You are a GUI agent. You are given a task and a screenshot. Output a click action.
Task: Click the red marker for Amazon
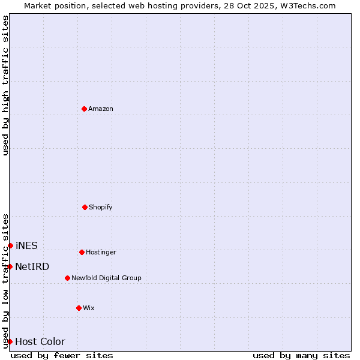(x=84, y=109)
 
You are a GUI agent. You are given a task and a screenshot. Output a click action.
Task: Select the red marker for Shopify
(x=85, y=207)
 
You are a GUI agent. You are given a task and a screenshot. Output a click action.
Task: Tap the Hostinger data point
(x=82, y=252)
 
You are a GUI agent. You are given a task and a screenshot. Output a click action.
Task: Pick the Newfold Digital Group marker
(x=67, y=278)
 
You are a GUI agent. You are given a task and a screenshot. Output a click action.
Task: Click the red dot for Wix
(x=79, y=308)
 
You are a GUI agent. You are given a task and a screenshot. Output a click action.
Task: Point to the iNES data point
(x=10, y=245)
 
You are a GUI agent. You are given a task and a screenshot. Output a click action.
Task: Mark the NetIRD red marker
(x=10, y=266)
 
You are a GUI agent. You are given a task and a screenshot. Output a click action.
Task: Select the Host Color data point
(x=10, y=341)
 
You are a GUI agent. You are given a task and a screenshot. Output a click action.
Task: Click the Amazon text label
(x=101, y=109)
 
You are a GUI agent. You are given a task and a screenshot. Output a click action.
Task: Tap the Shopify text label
(x=101, y=207)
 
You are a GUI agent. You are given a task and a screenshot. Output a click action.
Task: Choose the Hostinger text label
(x=101, y=252)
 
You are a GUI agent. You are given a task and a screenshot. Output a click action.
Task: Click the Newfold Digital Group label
(x=106, y=278)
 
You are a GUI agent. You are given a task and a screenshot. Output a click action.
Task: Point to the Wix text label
(x=89, y=308)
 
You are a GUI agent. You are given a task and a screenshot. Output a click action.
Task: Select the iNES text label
(x=26, y=245)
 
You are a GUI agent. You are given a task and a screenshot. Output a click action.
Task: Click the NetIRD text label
(x=32, y=266)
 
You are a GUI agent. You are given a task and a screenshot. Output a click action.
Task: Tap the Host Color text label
(x=40, y=341)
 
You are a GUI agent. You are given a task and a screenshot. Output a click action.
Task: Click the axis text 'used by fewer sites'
(x=62, y=355)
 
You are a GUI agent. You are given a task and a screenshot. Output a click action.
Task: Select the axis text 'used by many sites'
(x=301, y=355)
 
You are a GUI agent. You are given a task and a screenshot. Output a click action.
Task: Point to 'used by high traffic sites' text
(x=5, y=85)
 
